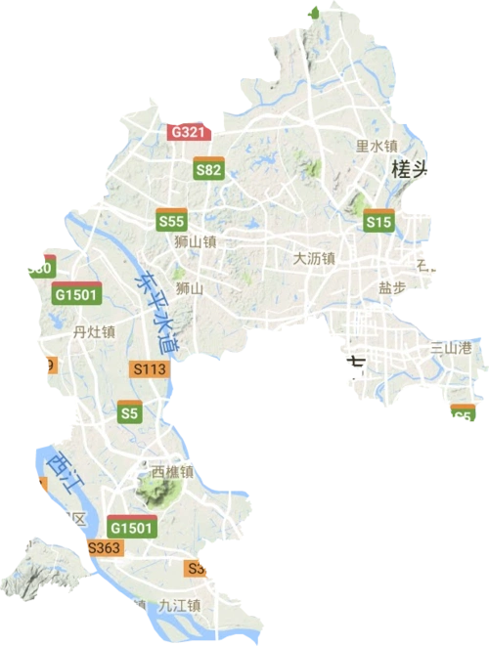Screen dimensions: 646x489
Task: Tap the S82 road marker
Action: tap(208, 167)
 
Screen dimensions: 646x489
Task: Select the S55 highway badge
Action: tap(171, 221)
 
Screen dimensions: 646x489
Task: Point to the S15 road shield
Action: tap(378, 221)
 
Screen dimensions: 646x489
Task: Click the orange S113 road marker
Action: tap(151, 367)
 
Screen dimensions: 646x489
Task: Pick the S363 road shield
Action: tap(103, 548)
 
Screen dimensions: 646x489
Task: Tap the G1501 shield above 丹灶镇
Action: tap(74, 292)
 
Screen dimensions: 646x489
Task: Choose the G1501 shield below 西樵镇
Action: tap(131, 526)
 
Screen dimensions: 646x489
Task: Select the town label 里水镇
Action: tap(376, 146)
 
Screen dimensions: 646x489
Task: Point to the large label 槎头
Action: tap(410, 169)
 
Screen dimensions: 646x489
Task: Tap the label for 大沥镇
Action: tap(314, 259)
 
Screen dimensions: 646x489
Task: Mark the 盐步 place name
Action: tap(392, 288)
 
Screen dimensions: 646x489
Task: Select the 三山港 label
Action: tap(451, 347)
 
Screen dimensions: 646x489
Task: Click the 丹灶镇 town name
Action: tap(94, 331)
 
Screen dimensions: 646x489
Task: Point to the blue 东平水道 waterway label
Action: tap(156, 312)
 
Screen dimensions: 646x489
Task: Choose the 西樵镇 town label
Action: tap(172, 471)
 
